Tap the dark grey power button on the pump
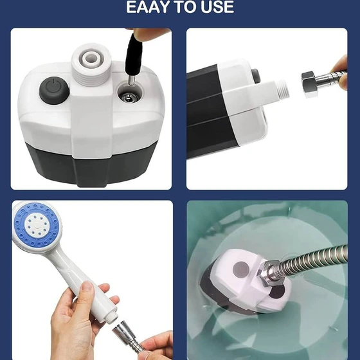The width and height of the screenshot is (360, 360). pyautogui.click(x=55, y=90)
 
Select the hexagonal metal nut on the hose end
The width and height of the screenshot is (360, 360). pyautogui.click(x=309, y=84)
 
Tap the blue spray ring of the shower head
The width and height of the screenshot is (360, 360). pyautogui.click(x=37, y=225)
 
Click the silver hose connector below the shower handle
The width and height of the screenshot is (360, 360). pyautogui.click(x=125, y=334)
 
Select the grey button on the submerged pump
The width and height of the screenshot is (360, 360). pyautogui.click(x=241, y=269)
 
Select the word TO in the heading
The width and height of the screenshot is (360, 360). pyautogui.click(x=186, y=7)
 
